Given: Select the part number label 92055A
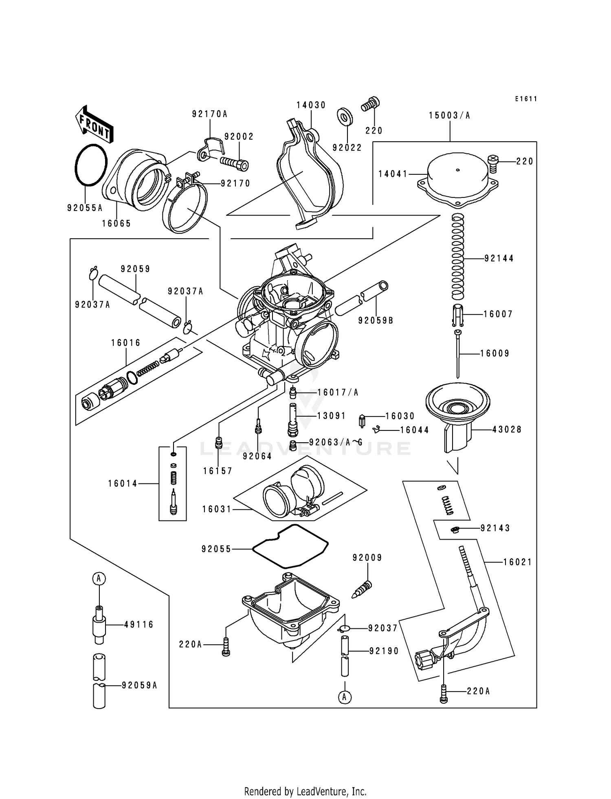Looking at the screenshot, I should pos(85,208).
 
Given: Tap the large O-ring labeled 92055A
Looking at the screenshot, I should pos(91,165).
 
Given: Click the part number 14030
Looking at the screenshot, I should pos(311,105).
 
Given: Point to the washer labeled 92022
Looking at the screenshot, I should pos(345,117).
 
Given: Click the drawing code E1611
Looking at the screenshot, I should pos(525,99).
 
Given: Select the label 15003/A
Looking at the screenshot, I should pos(449,116).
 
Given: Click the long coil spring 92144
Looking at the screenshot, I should pos(458,257).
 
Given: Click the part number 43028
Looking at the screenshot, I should pos(507,430).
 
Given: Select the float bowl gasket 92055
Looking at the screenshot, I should pos(290,547).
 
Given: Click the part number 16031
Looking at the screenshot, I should pos(217,509).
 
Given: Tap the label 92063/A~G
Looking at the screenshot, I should pos(336,442).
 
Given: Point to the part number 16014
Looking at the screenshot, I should pos(123,484).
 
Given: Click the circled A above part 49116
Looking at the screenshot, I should pos(99,578).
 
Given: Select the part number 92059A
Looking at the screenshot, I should pos(139,685).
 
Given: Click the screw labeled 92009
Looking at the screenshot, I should pos(362,589).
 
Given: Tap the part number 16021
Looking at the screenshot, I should pos(517,562).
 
